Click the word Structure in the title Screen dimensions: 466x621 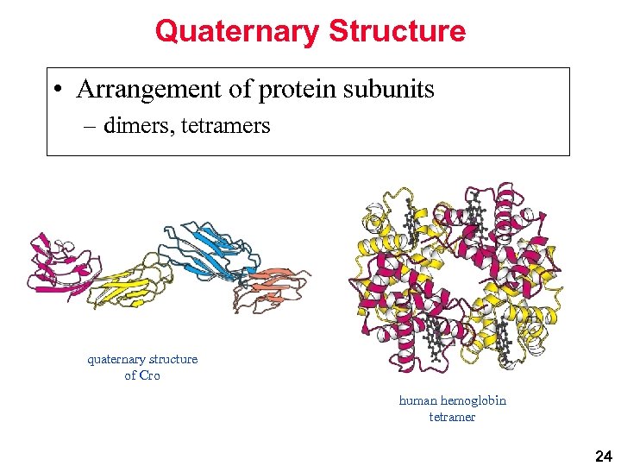click(397, 32)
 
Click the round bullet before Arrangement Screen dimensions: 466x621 click(56, 90)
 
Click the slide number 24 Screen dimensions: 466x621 click(603, 455)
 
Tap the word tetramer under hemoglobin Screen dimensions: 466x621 click(452, 417)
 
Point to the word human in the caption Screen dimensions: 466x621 click(417, 400)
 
